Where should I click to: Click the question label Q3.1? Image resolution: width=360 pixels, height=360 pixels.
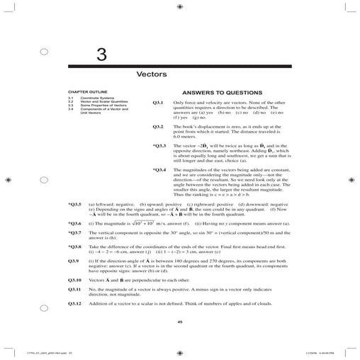point(158,103)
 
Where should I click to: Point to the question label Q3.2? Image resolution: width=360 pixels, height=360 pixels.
point(158,126)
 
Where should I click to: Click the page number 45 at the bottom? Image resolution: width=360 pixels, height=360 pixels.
point(180,322)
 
